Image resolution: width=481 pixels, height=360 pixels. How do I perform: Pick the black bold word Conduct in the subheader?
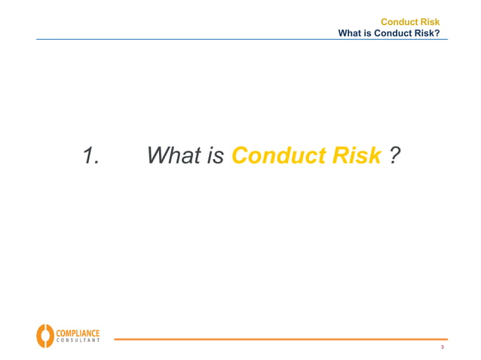point(393,33)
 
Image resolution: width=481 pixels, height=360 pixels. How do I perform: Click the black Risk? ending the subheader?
point(427,33)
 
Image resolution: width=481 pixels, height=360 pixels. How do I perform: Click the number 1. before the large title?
point(91,156)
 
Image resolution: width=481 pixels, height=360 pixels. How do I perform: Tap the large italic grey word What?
point(175,156)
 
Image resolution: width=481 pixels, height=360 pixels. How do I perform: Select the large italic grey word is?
point(216,156)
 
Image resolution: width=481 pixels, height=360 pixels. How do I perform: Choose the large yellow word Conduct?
point(277,156)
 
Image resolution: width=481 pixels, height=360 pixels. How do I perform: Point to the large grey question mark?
point(394,156)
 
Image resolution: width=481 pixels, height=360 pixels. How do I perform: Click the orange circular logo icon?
point(44,335)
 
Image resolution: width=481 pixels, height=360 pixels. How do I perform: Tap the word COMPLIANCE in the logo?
point(77,331)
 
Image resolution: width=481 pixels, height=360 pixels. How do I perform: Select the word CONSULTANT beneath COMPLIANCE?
point(77,340)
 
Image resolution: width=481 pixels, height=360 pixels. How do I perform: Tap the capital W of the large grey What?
point(159,156)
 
